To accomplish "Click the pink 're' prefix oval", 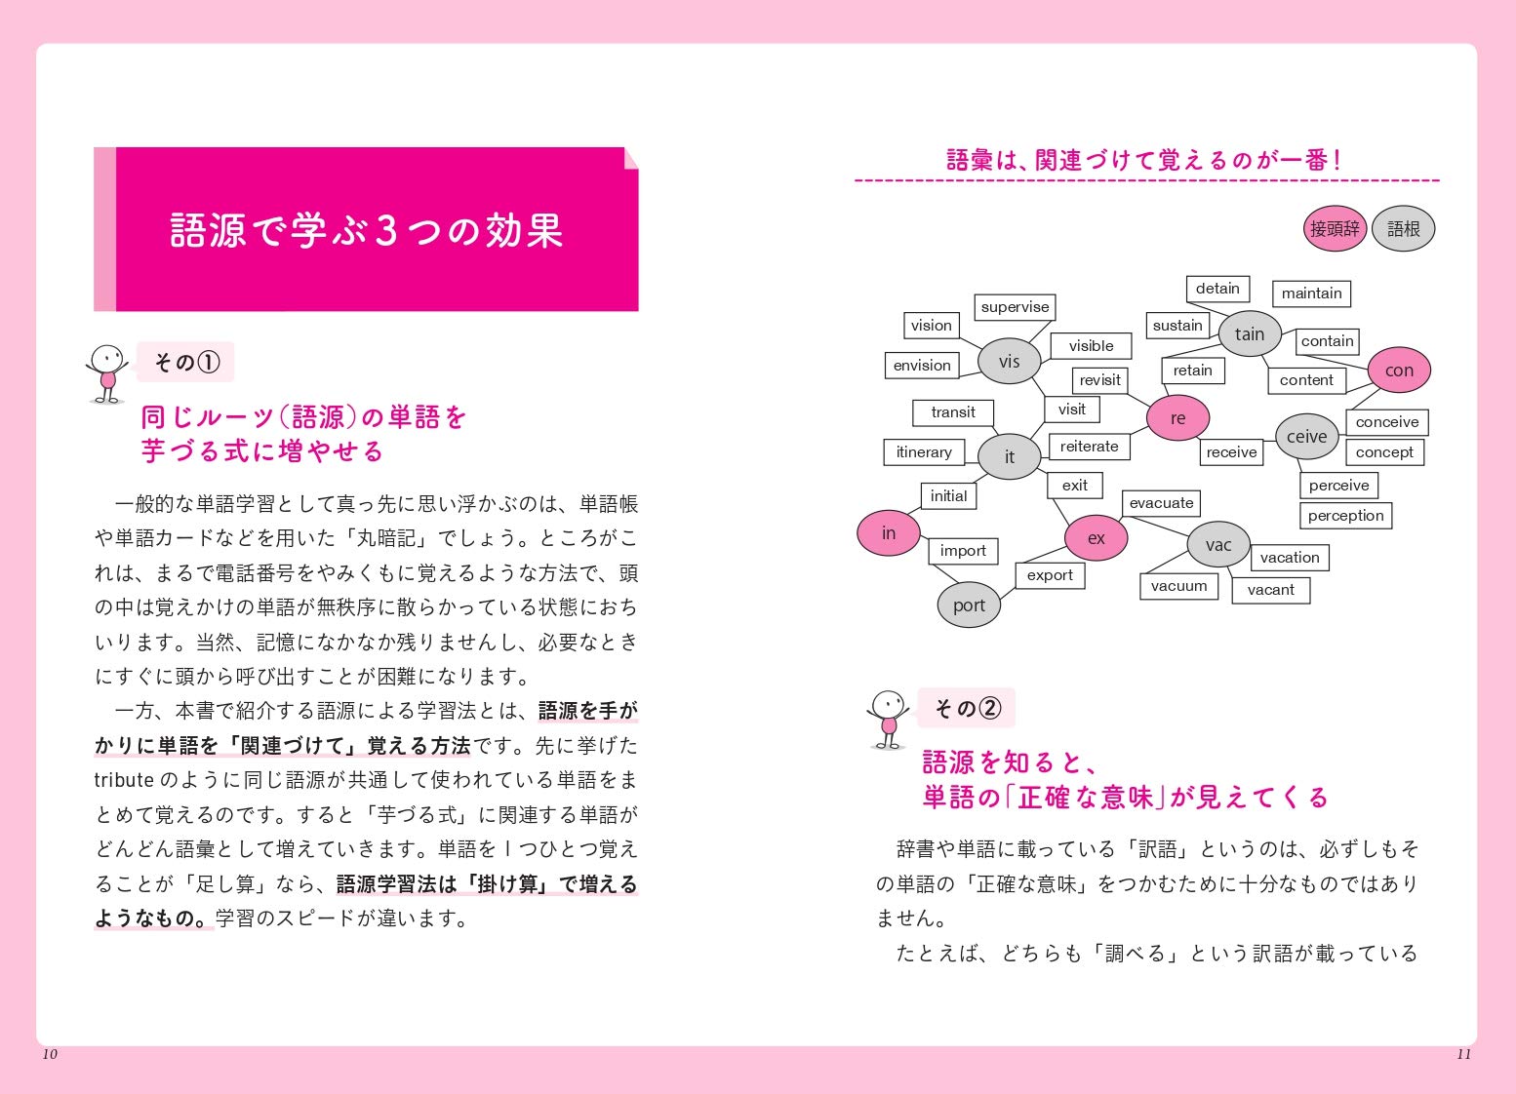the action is point(1177,418).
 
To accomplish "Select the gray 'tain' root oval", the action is point(1249,334).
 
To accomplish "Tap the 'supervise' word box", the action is point(1015,307).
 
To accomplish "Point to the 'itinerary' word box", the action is point(924,452).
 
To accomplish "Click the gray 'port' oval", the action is point(969,606).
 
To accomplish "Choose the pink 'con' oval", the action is point(1399,371).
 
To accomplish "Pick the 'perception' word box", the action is point(1345,516).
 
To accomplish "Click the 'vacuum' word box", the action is point(1178,586).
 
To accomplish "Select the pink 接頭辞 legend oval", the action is point(1335,229).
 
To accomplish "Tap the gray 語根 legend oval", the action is point(1403,229).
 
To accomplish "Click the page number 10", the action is point(50,1054).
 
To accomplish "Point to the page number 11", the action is point(1463,1054).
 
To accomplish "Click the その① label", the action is point(186,363).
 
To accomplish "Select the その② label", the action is point(967,708).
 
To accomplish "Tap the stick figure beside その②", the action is point(888,719).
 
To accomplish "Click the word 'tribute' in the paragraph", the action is point(124,780).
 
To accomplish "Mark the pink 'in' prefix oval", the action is point(889,533).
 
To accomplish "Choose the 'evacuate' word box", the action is point(1161,503).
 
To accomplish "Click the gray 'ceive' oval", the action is point(1306,437).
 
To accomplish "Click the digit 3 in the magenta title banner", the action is point(386,231).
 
